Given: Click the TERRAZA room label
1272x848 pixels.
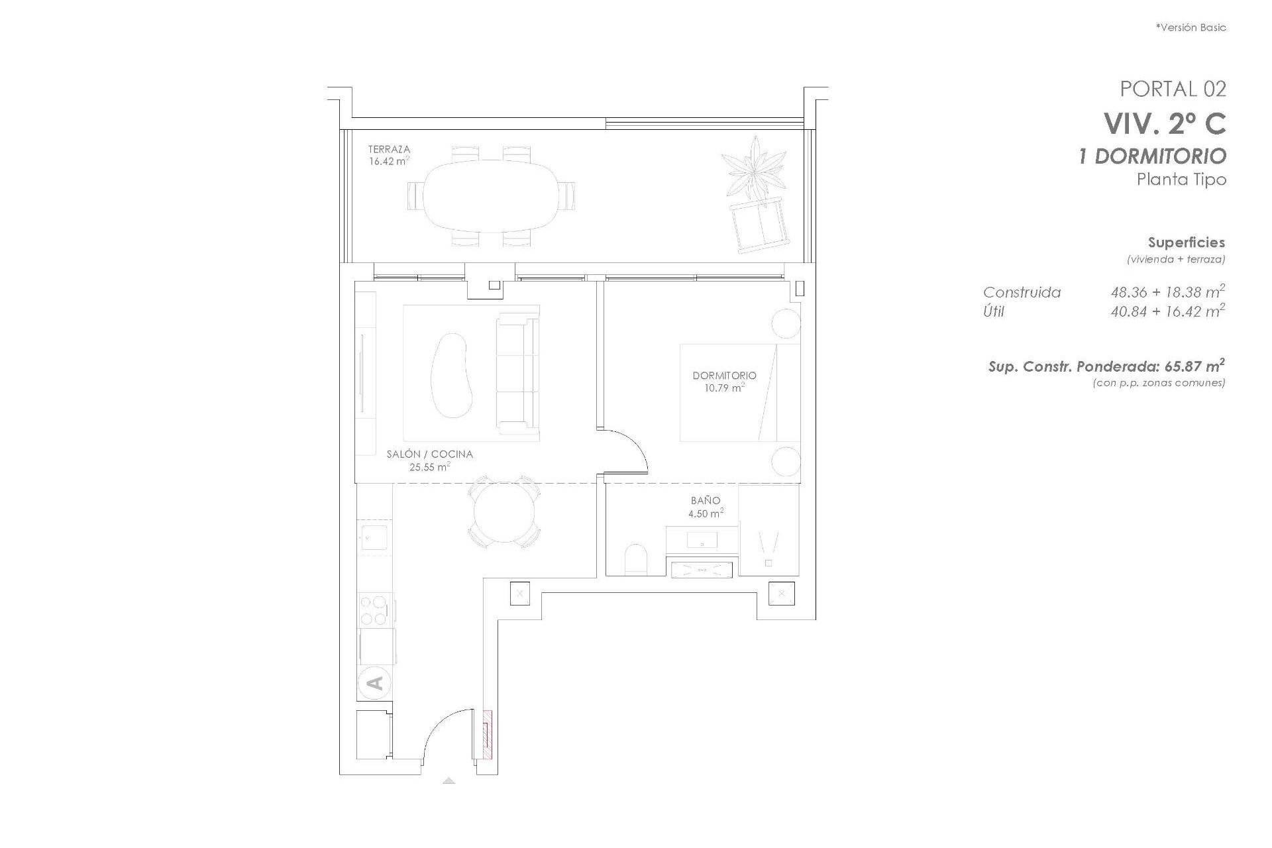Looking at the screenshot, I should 389,150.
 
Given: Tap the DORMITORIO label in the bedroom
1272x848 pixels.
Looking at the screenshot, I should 724,376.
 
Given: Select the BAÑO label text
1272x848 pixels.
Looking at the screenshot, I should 705,501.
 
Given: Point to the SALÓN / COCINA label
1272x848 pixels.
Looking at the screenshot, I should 429,454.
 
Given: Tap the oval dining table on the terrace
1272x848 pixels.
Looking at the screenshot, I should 491,195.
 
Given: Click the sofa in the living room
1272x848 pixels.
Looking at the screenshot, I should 517,373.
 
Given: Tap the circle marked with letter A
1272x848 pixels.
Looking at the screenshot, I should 374,682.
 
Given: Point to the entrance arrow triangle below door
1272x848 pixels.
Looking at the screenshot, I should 449,780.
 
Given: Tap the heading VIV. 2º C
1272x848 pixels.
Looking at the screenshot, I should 1164,123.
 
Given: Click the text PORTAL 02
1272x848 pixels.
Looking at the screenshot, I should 1173,89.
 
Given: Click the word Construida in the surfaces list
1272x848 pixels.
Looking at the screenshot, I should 1022,292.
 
